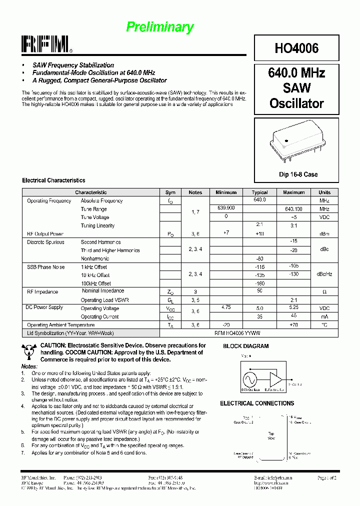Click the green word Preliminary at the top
[159, 27]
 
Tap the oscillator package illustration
[296, 141]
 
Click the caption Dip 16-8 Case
[298, 174]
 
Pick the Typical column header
[259, 192]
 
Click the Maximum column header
[293, 192]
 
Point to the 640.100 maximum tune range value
[293, 209]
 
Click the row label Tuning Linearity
[97, 226]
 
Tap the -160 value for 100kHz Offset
[259, 283]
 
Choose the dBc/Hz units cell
[324, 275]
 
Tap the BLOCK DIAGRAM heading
[245, 346]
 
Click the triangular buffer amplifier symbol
[276, 378]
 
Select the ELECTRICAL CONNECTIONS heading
[257, 403]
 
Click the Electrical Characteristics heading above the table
[53, 180]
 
